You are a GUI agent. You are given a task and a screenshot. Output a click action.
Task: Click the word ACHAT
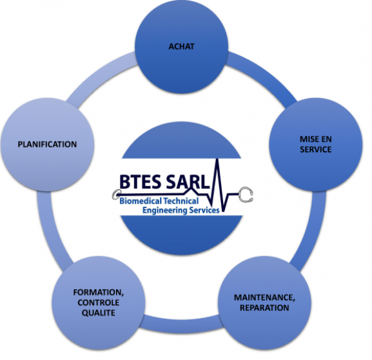[182, 46]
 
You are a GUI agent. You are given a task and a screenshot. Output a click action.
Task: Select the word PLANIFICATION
[47, 144]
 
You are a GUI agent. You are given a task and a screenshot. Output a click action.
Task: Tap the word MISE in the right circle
[308, 139]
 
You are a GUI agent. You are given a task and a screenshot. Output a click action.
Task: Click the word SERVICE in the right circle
[315, 149]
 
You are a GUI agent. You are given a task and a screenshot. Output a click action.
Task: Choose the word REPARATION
[264, 308]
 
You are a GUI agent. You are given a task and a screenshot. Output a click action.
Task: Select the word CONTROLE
[98, 303]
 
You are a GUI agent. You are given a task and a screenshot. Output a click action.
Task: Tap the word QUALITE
[98, 313]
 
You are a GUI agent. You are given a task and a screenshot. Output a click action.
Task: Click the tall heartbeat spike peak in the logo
[217, 159]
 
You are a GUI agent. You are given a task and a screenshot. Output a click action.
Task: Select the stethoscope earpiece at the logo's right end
[246, 194]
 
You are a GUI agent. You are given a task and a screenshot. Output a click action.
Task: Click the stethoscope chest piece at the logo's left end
[116, 194]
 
